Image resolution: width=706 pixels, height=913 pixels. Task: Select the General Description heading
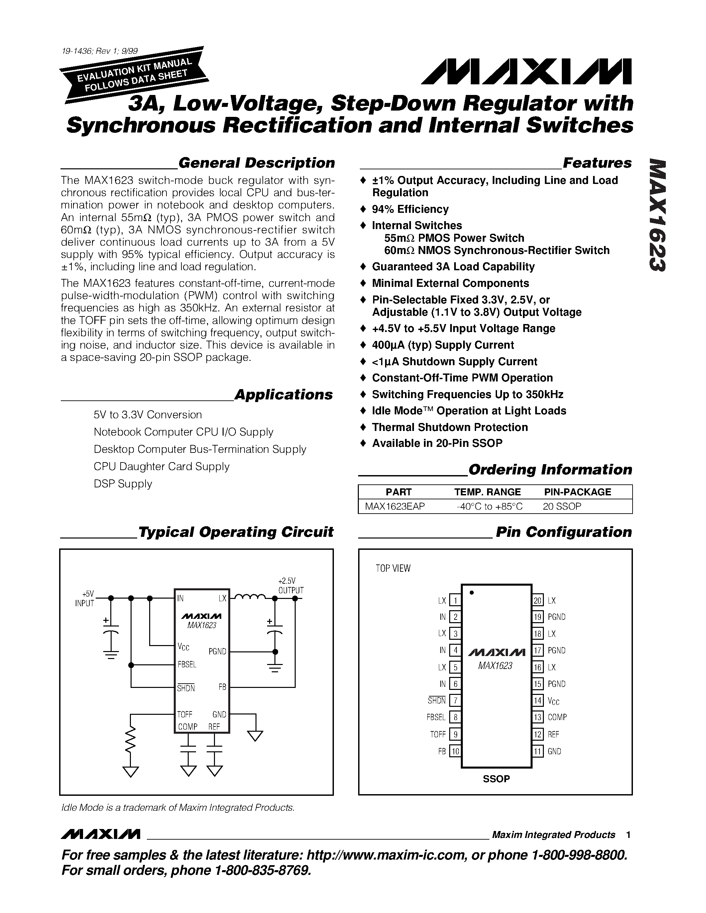256,163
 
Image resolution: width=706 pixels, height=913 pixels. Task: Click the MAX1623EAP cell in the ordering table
395,506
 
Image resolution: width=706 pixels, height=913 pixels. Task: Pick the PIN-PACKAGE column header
577,492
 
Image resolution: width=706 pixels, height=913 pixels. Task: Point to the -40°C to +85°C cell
489,506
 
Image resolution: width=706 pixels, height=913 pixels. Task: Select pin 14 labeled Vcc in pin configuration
538,700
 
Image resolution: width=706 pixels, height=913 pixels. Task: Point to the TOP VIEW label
393,568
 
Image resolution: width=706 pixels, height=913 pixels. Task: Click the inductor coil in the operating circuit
249,597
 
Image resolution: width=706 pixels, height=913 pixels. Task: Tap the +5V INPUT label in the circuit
85,599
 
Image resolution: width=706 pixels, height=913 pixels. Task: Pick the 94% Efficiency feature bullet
410,209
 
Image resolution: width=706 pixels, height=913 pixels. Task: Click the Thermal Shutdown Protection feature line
450,427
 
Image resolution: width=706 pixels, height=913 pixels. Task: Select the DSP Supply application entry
123,484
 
